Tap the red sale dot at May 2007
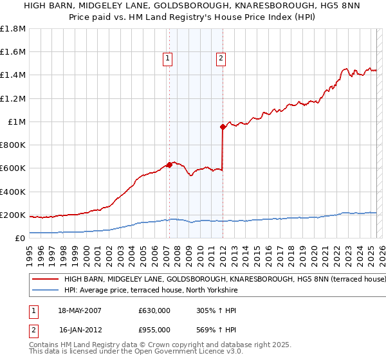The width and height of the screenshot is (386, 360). pos(169,165)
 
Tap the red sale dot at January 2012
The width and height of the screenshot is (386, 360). pos(223,127)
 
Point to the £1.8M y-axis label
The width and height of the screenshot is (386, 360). pos(13,29)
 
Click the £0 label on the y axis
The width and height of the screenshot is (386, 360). pos(20,238)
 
